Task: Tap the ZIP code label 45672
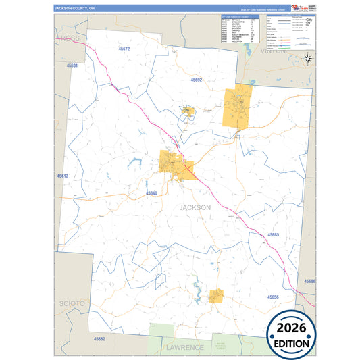point(123,49)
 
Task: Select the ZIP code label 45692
point(197,80)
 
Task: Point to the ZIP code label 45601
point(72,66)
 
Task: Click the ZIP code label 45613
point(63,176)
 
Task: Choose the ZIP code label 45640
point(151,193)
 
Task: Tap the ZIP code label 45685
point(273,235)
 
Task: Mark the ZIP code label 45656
point(272,297)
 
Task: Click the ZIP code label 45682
point(99,338)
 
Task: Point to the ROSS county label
point(70,38)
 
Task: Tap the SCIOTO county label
point(72,303)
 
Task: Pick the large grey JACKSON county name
point(195,207)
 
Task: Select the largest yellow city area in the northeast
point(237,107)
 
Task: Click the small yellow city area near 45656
point(215,296)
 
